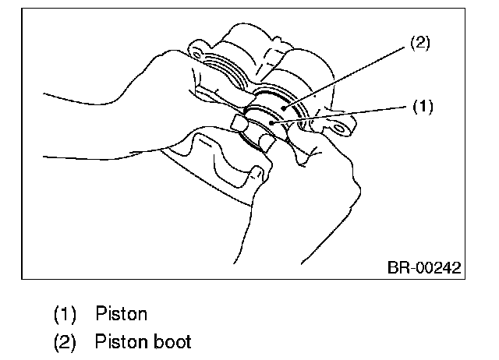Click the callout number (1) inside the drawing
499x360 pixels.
(x=422, y=106)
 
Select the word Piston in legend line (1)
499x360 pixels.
(x=122, y=314)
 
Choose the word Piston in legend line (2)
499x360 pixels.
(x=121, y=341)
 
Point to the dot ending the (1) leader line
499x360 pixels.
(x=270, y=122)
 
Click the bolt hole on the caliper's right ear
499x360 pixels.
(x=316, y=120)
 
